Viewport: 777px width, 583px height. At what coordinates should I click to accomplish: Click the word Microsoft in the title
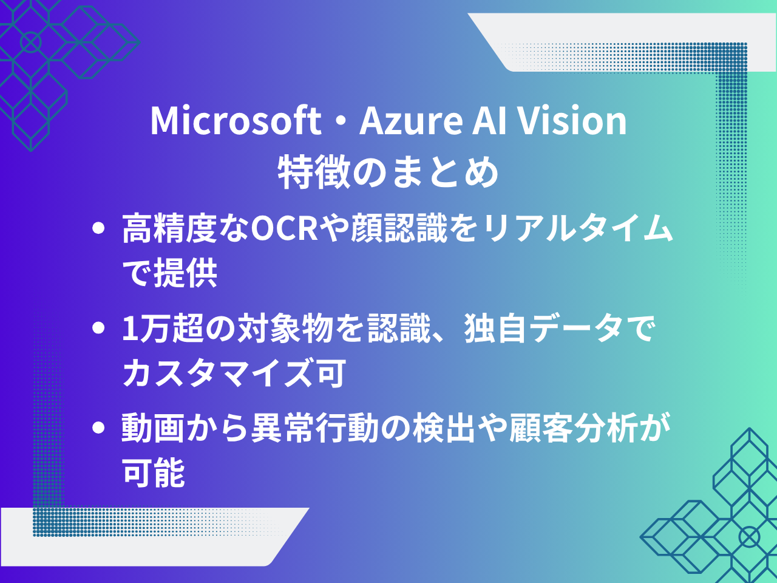point(236,121)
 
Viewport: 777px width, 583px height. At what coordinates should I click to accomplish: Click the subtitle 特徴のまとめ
point(388,172)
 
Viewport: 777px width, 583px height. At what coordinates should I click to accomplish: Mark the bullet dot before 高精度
point(98,229)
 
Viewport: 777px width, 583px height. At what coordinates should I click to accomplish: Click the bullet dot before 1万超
point(98,329)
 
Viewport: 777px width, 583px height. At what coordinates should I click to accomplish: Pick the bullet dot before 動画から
point(98,428)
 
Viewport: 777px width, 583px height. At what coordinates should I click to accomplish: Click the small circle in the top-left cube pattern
point(30,42)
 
